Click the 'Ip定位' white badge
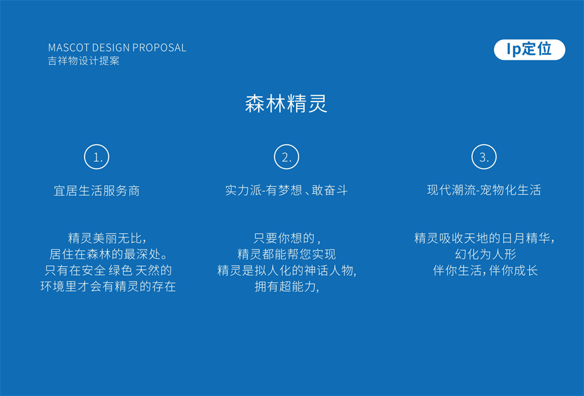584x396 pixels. click(529, 50)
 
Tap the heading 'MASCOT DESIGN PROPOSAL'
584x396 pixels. click(117, 48)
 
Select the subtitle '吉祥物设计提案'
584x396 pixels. click(84, 61)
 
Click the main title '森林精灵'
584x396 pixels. click(286, 103)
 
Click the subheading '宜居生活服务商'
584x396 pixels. click(97, 191)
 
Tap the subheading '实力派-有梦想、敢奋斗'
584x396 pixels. click(286, 190)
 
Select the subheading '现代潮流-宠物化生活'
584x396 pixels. click(484, 190)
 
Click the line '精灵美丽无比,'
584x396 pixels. click(107, 238)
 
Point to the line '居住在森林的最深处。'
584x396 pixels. click(109, 255)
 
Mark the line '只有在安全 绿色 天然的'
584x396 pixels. click(108, 270)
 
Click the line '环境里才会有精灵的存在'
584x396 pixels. click(108, 286)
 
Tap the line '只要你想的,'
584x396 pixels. click(287, 238)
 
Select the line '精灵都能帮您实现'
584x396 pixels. click(286, 255)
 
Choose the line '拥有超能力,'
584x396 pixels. click(287, 286)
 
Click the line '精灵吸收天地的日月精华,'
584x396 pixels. click(485, 238)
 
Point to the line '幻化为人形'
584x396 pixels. click(485, 255)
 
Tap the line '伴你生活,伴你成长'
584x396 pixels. click(485, 270)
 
